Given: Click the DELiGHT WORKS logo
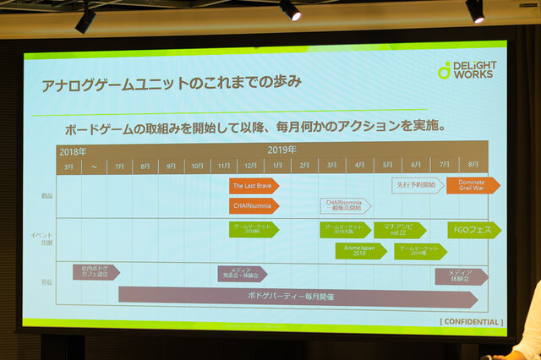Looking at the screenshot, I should [x=467, y=69].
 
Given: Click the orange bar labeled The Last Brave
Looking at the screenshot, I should [x=253, y=186].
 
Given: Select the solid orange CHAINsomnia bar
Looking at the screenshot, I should [x=253, y=205].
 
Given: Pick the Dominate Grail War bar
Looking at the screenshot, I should [x=472, y=185].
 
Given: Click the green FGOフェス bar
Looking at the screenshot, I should [x=473, y=230].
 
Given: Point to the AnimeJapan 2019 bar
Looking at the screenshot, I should [x=360, y=251].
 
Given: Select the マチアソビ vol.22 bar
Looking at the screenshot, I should [x=401, y=230].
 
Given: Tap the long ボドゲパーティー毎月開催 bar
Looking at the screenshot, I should [x=296, y=297].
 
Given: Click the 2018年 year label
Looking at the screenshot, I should [x=73, y=151].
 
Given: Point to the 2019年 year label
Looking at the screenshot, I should [x=283, y=150].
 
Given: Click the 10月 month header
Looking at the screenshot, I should [x=198, y=166].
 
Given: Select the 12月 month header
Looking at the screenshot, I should [x=252, y=166].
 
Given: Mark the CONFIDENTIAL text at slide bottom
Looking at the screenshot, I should [x=470, y=322].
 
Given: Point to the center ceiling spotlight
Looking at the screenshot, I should [x=290, y=10].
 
